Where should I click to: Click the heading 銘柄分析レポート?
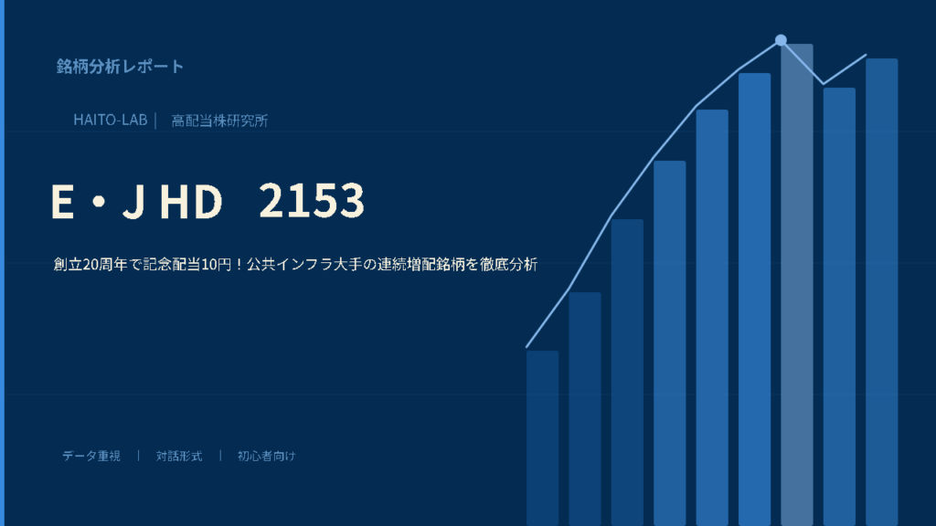[x=120, y=66]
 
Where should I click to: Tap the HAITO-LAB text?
[x=111, y=120]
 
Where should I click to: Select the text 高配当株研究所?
[x=219, y=121]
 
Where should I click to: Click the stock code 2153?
[x=312, y=200]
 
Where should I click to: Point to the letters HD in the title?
[x=191, y=201]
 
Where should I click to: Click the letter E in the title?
[x=62, y=201]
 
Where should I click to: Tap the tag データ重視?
[x=91, y=456]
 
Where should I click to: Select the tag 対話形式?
[x=179, y=456]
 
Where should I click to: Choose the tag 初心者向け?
[x=266, y=456]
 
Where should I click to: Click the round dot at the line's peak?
[x=781, y=40]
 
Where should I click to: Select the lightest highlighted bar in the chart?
[x=797, y=285]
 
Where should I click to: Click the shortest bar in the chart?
[x=543, y=438]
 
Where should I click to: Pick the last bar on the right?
[x=882, y=292]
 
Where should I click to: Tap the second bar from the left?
[x=585, y=409]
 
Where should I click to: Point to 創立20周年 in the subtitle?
[x=90, y=264]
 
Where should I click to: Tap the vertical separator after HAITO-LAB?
[x=155, y=121]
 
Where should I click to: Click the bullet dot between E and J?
[x=100, y=202]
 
